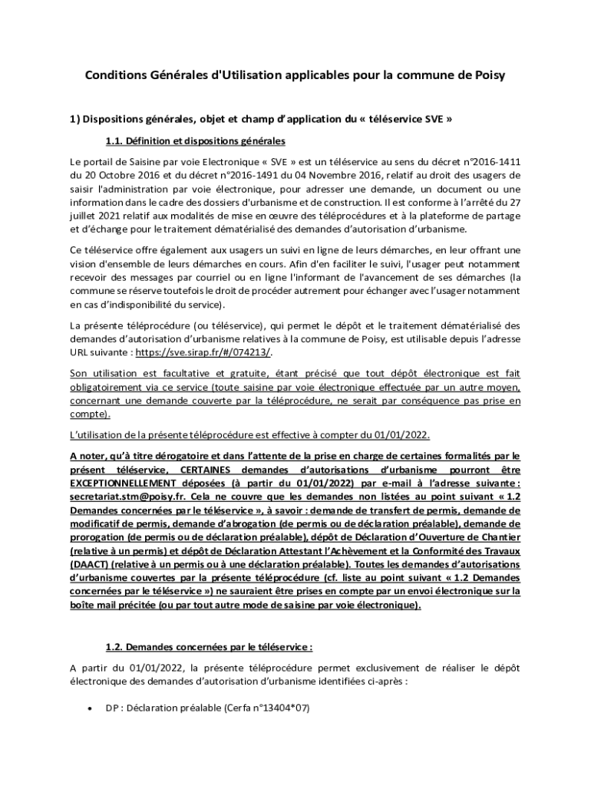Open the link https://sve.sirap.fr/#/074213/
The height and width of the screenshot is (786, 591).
(204, 352)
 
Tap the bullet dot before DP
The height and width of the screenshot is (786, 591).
(91, 708)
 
